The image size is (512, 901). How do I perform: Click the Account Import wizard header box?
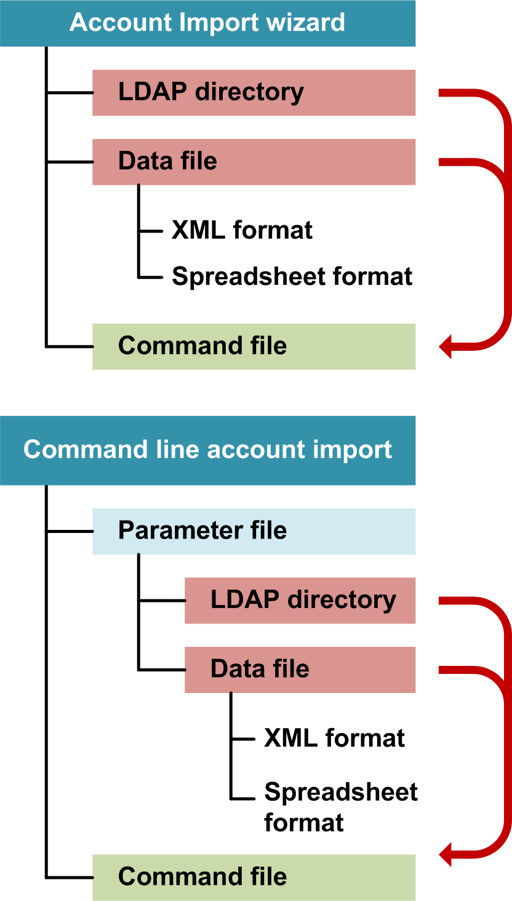tap(207, 23)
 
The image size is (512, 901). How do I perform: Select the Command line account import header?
tap(207, 450)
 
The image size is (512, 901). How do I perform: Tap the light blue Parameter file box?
tap(254, 531)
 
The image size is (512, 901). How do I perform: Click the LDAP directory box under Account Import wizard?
tap(254, 92)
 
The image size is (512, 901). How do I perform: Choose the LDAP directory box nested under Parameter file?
tap(300, 600)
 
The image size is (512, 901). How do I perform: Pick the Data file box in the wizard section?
tap(254, 161)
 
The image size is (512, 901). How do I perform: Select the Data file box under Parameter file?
tap(300, 669)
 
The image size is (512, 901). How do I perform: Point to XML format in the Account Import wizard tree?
tap(242, 231)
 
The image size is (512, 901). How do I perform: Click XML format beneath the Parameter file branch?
tap(334, 738)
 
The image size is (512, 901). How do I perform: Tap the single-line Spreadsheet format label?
tap(292, 276)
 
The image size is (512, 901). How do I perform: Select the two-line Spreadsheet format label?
tap(340, 807)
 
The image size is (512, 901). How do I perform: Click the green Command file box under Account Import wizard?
tap(254, 346)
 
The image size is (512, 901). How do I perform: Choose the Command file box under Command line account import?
tap(254, 877)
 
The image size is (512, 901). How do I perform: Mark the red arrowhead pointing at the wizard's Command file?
tap(447, 347)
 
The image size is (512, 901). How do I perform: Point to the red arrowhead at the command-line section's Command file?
tap(447, 854)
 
